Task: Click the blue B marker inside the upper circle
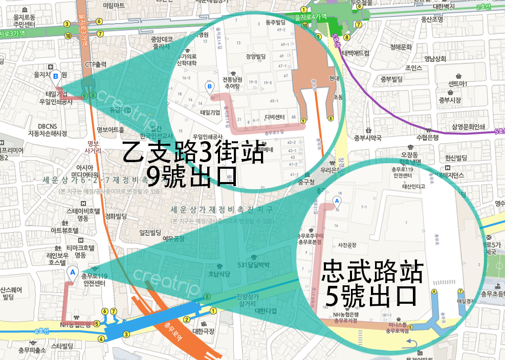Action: [209, 87]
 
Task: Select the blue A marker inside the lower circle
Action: [336, 201]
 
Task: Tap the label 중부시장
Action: [453, 100]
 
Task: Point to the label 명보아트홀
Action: [111, 129]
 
